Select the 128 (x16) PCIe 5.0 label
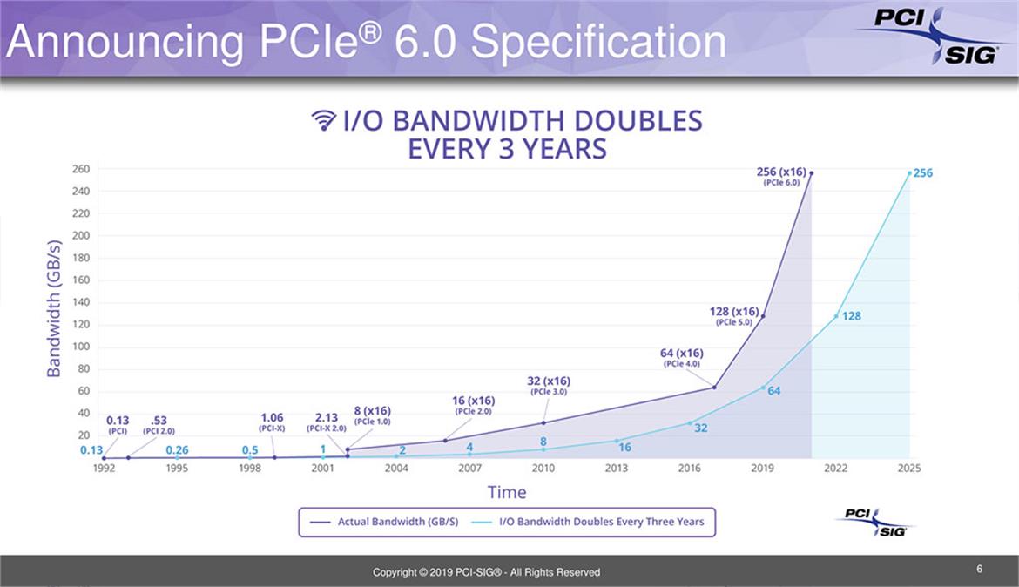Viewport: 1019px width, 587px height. tap(733, 315)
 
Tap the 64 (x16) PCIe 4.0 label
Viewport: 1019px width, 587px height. tap(681, 357)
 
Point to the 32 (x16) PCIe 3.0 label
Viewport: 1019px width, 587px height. tap(549, 385)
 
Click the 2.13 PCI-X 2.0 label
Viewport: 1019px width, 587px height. tap(327, 422)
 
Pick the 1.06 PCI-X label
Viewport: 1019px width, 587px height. tap(272, 422)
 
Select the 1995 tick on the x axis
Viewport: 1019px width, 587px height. tap(177, 469)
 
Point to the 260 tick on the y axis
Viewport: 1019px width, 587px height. tap(81, 169)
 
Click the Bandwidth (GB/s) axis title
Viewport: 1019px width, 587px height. tap(54, 307)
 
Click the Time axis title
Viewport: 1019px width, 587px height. tap(507, 492)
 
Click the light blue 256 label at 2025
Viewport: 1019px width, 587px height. tap(922, 173)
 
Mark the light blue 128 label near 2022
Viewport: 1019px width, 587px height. tap(851, 316)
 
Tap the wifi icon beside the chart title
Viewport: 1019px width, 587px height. tap(323, 120)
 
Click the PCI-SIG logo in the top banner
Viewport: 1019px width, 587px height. tap(930, 35)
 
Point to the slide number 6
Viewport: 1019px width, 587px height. tap(980, 570)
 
